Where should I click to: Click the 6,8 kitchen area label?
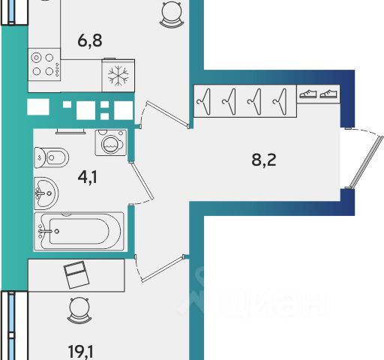point(90,40)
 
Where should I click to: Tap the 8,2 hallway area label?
point(264,160)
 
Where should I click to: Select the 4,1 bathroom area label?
point(88,178)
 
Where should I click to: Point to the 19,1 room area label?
point(81,352)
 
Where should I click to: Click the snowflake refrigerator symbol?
point(118,76)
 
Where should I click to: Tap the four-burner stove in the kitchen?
point(44,64)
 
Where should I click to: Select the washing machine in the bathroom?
point(111,142)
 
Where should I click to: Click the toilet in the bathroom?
point(52,157)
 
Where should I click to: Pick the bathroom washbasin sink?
point(46,193)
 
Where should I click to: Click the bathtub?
point(79,232)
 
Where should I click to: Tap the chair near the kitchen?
point(172,13)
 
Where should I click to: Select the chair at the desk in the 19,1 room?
point(79,310)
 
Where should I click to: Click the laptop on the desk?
point(76,274)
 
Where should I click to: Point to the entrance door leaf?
point(367,162)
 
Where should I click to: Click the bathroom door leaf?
point(142,181)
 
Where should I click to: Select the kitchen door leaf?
point(169,115)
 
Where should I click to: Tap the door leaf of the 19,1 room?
point(163,269)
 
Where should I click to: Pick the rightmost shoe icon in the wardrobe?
point(328,94)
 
